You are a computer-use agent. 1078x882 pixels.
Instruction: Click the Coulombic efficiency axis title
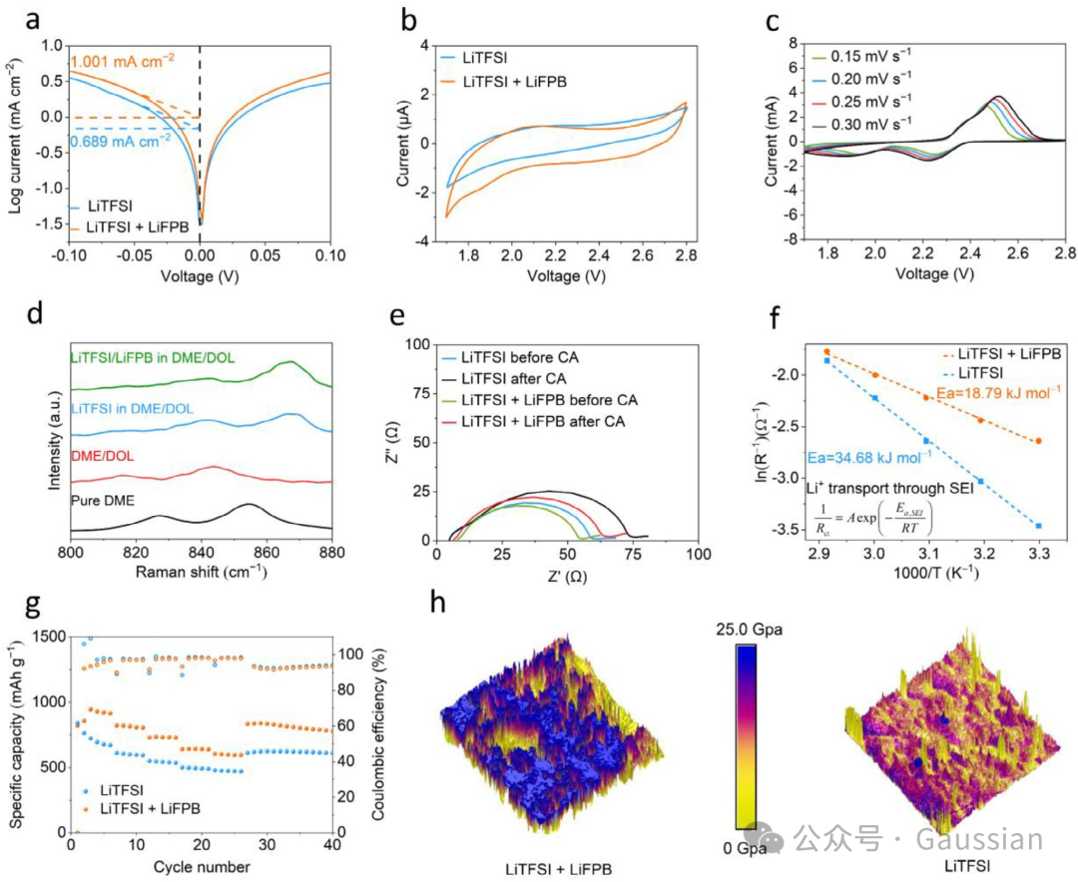382,734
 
